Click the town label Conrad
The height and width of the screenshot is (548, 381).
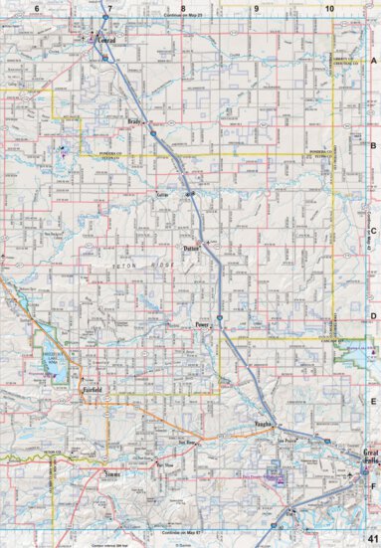(108, 40)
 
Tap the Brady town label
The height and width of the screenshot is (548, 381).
(136, 124)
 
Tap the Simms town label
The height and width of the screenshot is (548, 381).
(112, 476)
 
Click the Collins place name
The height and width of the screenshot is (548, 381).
(163, 197)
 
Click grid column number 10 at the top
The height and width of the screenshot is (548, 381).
(329, 8)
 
